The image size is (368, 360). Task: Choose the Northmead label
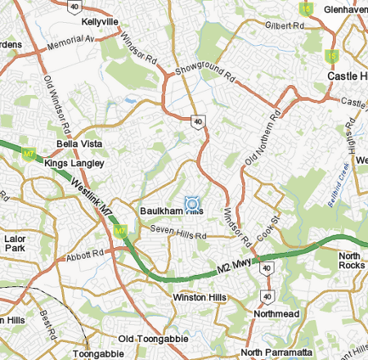tap(276, 313)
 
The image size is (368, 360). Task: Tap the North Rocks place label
tap(353, 261)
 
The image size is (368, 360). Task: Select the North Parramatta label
tap(276, 352)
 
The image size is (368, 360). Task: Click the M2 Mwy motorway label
tap(234, 265)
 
